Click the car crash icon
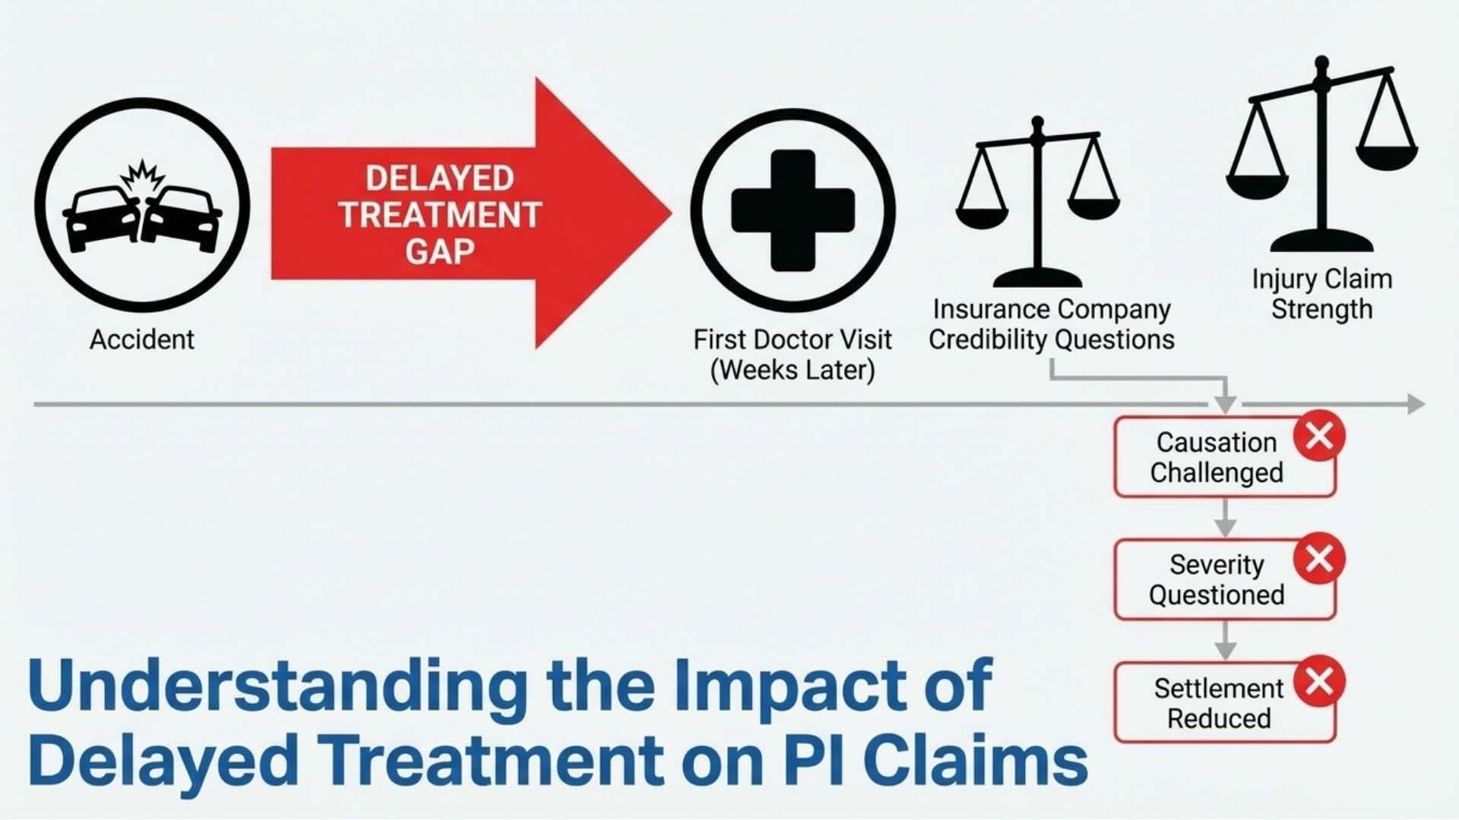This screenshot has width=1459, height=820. pos(142,205)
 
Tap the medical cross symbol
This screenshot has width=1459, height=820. pos(793,210)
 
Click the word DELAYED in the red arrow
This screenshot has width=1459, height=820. pos(439,178)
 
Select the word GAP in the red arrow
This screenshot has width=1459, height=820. pos(439,251)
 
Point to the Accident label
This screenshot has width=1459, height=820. pos(142,339)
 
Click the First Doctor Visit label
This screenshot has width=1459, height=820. pos(793,339)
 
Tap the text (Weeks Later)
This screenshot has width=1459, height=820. pos(793,371)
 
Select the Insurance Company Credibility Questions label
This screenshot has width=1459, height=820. pos(1052,324)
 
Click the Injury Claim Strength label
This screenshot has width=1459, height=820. pos(1322,294)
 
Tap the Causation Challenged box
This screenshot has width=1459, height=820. pos(1216,457)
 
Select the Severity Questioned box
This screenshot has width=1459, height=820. pos(1216,580)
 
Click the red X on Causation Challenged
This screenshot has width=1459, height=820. pos(1319,436)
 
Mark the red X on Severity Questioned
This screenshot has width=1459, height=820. pos(1319,559)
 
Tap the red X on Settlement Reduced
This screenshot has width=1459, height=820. pos(1319,681)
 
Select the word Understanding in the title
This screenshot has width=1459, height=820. pos(277,686)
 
